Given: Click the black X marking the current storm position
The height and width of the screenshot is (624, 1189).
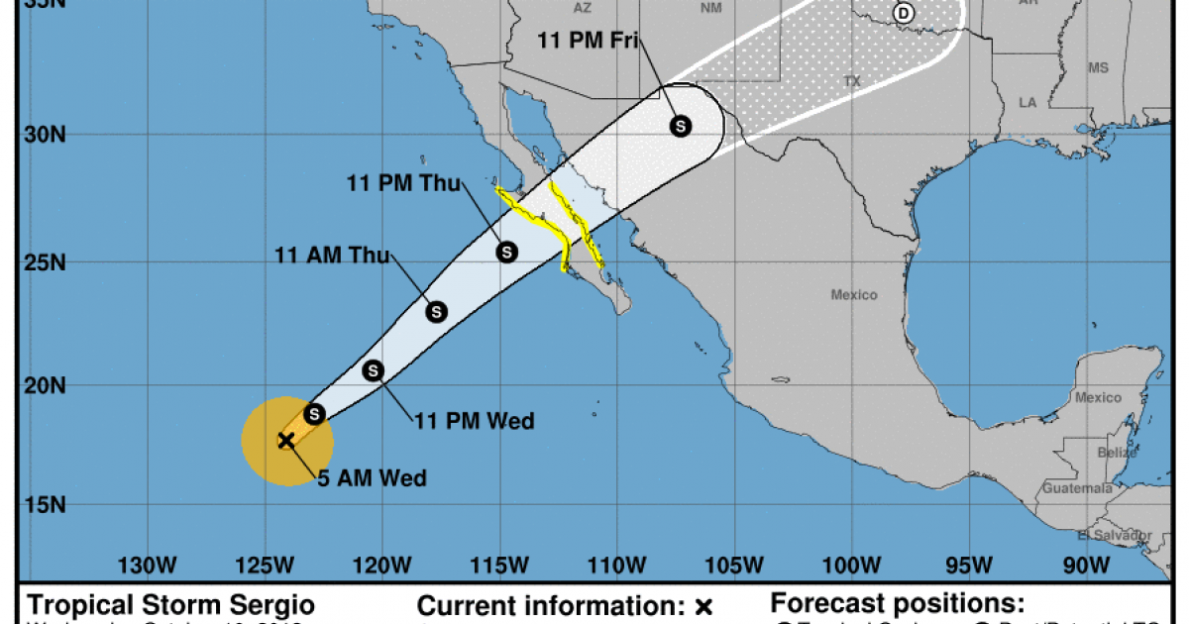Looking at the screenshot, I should click(x=286, y=440).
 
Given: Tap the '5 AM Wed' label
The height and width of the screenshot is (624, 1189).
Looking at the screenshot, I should click(x=372, y=479).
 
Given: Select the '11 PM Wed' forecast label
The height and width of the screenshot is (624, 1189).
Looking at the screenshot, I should click(x=474, y=422).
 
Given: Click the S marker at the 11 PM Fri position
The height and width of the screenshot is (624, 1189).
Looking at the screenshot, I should click(x=681, y=126).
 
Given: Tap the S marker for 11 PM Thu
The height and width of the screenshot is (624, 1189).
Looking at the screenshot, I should click(x=506, y=252).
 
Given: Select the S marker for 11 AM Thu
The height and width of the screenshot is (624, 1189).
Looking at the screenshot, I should click(x=436, y=312).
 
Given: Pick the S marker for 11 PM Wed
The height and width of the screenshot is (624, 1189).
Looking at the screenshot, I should click(x=374, y=370).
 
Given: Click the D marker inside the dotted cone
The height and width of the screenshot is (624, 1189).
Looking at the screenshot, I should click(x=903, y=13).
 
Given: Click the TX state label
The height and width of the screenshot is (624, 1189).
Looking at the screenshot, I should click(x=850, y=80).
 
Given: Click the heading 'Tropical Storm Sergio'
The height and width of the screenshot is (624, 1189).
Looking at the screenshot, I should click(x=170, y=604).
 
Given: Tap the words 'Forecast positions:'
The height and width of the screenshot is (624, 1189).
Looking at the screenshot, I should click(x=898, y=603).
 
